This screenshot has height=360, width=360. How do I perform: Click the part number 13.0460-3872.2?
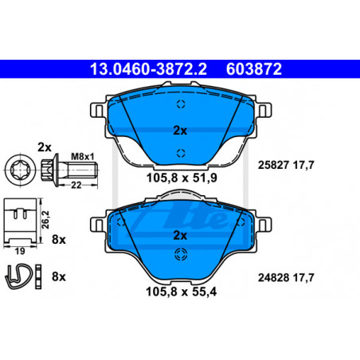click(x=148, y=69)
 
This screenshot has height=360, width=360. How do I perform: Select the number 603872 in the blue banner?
click(x=254, y=69)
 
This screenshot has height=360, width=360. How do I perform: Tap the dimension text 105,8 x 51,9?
click(x=182, y=178)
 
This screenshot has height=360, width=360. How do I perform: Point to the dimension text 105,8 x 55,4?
click(x=182, y=292)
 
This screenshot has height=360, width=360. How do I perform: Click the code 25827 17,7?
click(x=286, y=165)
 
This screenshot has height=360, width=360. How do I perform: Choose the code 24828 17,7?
click(x=286, y=278)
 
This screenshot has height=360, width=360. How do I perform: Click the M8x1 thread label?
click(x=83, y=156)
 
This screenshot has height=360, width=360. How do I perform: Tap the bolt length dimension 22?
click(x=76, y=185)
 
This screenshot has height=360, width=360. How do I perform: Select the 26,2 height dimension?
click(x=45, y=220)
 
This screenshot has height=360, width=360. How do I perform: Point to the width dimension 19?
click(x=20, y=251)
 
